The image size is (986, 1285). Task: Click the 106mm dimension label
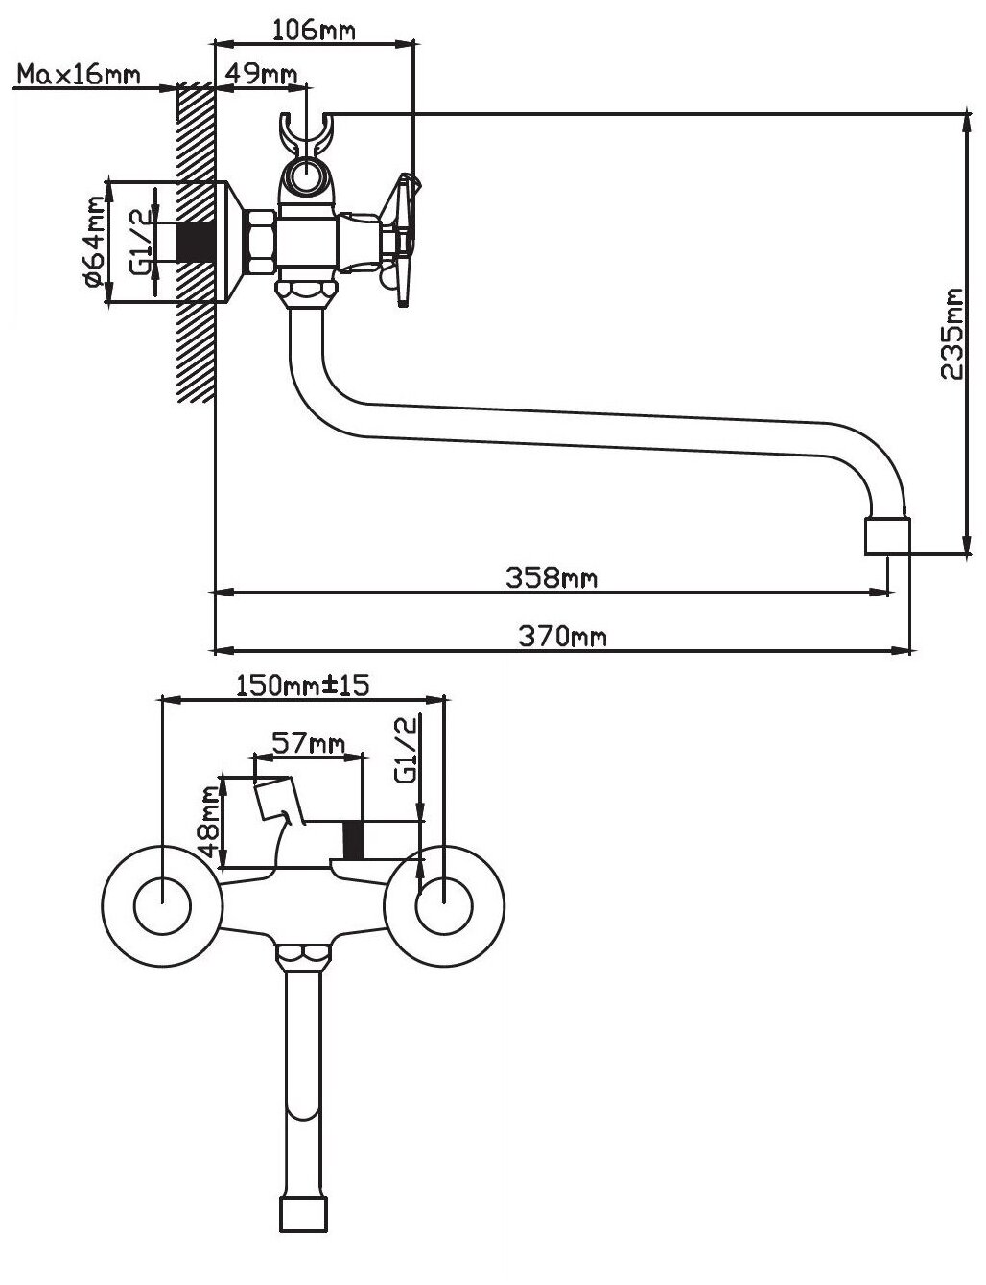(314, 29)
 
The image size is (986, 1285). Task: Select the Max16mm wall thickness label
(79, 74)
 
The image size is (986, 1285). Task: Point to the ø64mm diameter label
(93, 242)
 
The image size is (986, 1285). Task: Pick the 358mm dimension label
(551, 577)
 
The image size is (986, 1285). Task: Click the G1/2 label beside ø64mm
(139, 242)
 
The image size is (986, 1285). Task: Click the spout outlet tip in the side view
(886, 537)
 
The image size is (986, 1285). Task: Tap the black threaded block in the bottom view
(354, 841)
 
